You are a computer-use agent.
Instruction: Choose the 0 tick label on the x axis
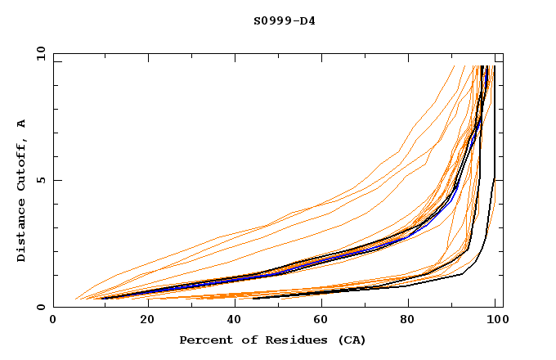point(53,320)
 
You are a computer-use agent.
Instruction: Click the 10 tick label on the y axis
point(38,53)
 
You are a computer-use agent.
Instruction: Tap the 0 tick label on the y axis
point(41,308)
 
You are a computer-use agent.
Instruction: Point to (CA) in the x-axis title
point(350,340)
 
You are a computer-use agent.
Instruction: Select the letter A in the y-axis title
point(22,123)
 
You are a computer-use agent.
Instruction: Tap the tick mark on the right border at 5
point(500,180)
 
